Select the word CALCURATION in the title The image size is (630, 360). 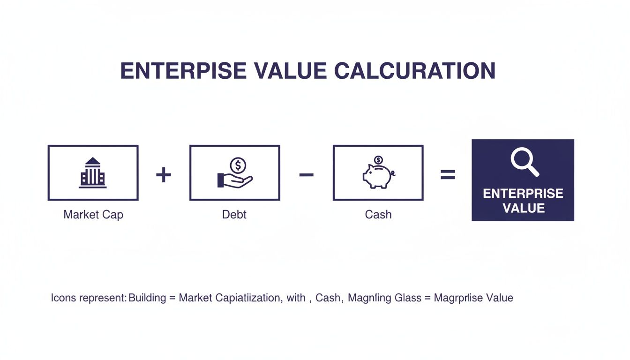[415, 71]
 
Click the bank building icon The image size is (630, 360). [93, 173]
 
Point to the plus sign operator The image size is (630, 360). [164, 175]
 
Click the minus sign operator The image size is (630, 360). [306, 175]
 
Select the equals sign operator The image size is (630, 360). [448, 175]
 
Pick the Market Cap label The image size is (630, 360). [93, 215]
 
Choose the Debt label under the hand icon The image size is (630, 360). [234, 215]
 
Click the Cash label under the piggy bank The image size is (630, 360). [378, 215]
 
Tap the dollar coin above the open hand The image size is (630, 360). [239, 165]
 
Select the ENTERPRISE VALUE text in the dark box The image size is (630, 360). [523, 201]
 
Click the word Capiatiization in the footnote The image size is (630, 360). [249, 298]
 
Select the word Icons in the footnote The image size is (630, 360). [63, 298]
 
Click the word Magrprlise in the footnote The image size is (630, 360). [460, 298]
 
